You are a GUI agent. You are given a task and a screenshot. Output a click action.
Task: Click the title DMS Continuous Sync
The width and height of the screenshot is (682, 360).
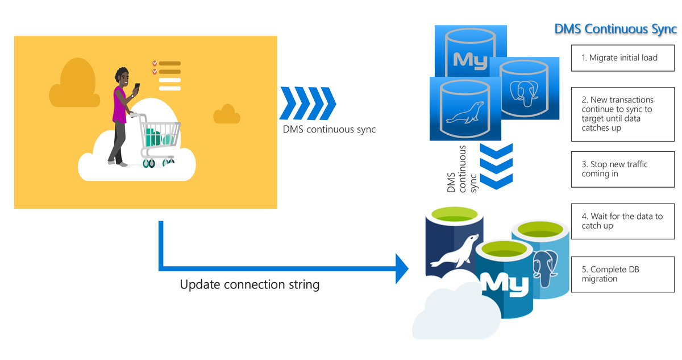[x=616, y=29]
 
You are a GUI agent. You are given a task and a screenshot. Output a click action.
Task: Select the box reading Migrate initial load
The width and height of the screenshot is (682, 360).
[x=623, y=58]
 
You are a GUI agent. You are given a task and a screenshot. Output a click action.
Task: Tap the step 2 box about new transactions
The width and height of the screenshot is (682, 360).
[x=623, y=114]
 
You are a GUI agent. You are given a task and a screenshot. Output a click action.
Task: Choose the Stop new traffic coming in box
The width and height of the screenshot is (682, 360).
[x=623, y=169]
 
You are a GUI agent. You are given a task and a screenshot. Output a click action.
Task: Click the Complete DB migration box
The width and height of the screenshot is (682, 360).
[x=623, y=274]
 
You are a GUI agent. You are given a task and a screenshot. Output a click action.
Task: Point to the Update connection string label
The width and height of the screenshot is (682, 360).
[x=249, y=284]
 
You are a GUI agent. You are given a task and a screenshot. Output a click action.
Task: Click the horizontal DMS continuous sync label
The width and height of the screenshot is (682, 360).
[x=329, y=129]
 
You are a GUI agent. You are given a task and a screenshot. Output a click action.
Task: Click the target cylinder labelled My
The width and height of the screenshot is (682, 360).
[x=504, y=282]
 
